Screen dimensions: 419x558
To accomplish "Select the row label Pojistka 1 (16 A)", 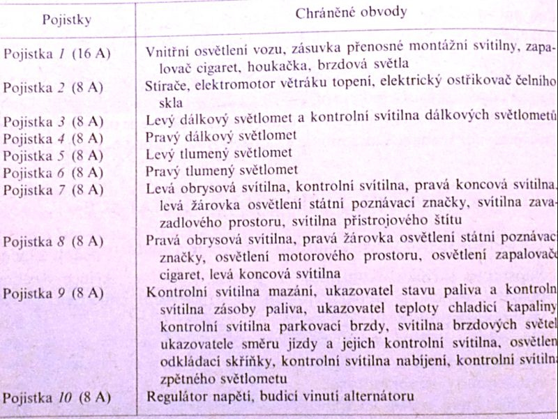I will tap(56, 52).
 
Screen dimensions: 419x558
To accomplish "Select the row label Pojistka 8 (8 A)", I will tap(54, 241).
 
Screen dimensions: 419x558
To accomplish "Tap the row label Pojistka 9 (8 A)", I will tap(54, 291).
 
